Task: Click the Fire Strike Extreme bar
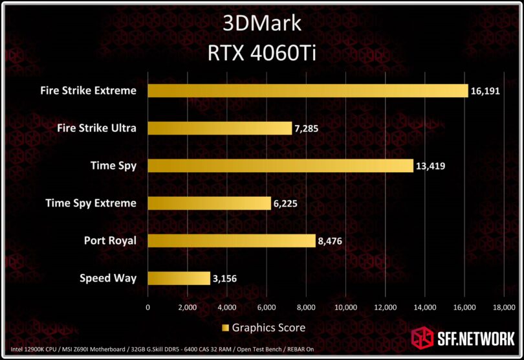click(307, 91)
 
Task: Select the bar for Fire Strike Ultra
click(220, 128)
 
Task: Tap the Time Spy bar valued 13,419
click(280, 166)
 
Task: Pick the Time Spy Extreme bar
click(209, 203)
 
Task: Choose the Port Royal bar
click(232, 241)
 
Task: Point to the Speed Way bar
click(179, 278)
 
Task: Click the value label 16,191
click(487, 91)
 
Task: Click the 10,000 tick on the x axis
click(346, 307)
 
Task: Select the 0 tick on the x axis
click(148, 307)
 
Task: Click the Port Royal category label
click(110, 241)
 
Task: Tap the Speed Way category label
click(108, 278)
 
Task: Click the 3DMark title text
click(262, 24)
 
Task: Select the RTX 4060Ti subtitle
click(262, 52)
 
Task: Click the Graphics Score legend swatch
click(226, 328)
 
